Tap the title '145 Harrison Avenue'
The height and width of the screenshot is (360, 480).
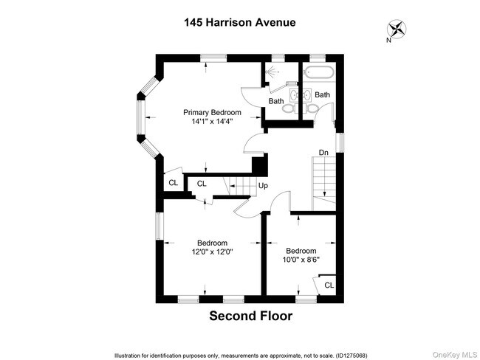(239, 22)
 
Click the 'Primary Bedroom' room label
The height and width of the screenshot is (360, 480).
(212, 113)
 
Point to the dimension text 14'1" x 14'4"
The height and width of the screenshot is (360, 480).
(212, 123)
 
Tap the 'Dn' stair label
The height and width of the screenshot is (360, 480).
(323, 153)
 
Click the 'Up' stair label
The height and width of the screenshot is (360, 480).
(262, 186)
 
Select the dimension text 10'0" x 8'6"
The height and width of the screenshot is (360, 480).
(301, 260)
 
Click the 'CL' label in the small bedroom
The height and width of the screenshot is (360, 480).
(329, 285)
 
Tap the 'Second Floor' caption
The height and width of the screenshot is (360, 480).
(251, 316)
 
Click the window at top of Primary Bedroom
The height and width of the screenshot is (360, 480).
(213, 58)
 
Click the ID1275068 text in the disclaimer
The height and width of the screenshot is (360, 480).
(367, 355)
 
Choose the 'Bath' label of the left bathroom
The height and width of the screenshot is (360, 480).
(276, 101)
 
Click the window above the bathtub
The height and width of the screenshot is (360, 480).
(319, 58)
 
